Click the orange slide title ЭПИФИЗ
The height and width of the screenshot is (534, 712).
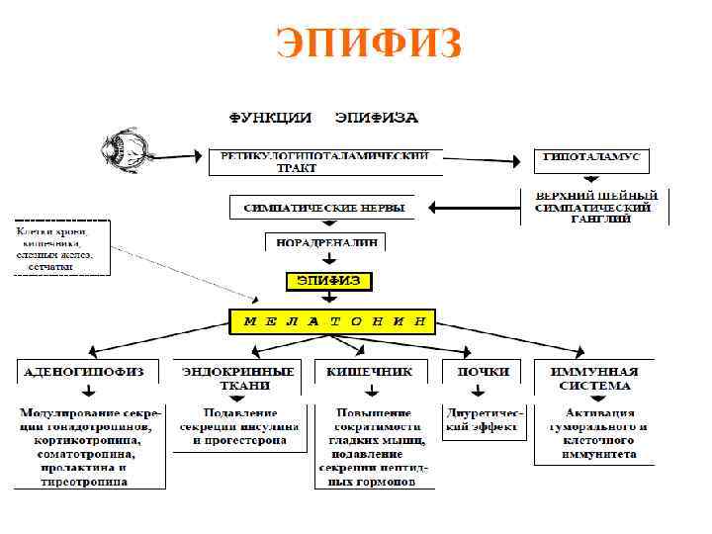pyautogui.click(x=369, y=43)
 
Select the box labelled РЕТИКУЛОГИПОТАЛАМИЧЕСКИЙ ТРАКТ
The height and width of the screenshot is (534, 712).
pyautogui.click(x=324, y=162)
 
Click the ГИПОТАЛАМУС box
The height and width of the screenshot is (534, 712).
pyautogui.click(x=592, y=157)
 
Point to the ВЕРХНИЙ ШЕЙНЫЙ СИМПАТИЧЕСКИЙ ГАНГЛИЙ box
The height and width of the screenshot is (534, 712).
pyautogui.click(x=593, y=207)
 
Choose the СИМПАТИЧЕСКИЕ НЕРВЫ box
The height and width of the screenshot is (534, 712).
pyautogui.click(x=317, y=208)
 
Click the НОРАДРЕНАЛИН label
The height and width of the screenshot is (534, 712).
pyautogui.click(x=324, y=241)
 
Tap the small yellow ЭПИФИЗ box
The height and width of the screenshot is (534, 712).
pyautogui.click(x=329, y=281)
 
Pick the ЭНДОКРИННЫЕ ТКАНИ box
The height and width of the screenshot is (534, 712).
pyautogui.click(x=237, y=378)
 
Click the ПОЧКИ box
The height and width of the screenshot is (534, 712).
pyautogui.click(x=483, y=372)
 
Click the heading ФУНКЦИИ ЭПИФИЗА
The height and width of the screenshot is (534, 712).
pyautogui.click(x=323, y=118)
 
